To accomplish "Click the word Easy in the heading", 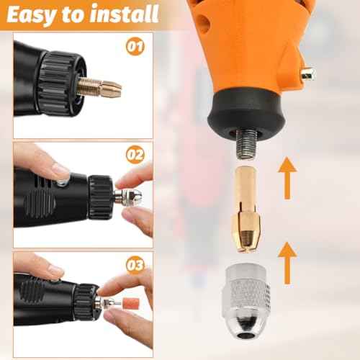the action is tap(32, 15).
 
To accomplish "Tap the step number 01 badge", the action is tap(135, 47).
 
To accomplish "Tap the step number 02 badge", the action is tap(135, 155).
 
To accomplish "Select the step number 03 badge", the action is tap(135, 265).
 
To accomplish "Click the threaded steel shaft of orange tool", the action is tap(246, 145).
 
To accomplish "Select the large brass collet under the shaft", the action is tap(247, 210).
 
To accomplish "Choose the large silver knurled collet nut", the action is tap(248, 300).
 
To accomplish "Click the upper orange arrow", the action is tap(287, 178).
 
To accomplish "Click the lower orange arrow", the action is tap(287, 263).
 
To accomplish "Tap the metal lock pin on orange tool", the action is tap(308, 74).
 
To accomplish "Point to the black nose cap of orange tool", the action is tap(247, 110).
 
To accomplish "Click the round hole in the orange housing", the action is tap(203, 24).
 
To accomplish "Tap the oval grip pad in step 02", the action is tap(40, 204).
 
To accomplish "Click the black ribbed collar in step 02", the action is tap(100, 197).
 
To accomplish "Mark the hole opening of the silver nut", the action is tap(246, 335).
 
